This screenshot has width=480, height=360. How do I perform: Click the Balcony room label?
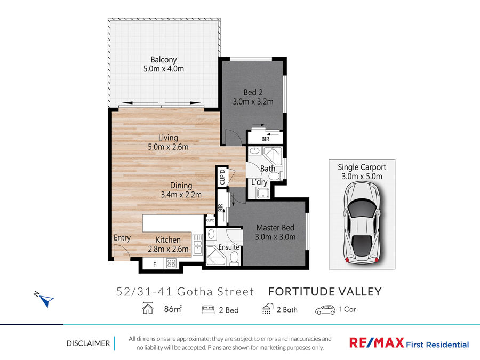[164, 60]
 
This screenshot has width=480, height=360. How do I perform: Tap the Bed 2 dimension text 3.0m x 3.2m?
[253, 102]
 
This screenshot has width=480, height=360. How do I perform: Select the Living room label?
[168, 138]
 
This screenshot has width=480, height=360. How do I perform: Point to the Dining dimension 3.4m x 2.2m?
[181, 195]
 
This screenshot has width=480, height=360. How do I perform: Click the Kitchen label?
[168, 239]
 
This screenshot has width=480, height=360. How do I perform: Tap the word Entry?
[122, 238]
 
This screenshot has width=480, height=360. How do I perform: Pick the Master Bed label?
[275, 228]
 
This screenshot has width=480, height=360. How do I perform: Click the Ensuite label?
[229, 247]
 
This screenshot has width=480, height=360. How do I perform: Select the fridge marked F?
[154, 265]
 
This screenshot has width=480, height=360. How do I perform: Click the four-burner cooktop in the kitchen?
[171, 263]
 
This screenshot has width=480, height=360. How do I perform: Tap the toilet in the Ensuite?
[234, 258]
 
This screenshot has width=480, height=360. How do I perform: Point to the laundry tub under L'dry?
[262, 193]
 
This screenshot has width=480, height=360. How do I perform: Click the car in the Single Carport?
[362, 222]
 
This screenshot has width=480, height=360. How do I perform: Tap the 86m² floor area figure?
[173, 309]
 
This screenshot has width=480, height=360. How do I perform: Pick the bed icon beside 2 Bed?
[208, 310]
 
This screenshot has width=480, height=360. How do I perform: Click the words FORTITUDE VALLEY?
[325, 292]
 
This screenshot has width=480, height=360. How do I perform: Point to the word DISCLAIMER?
[88, 343]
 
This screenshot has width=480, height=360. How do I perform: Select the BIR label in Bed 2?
[266, 139]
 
